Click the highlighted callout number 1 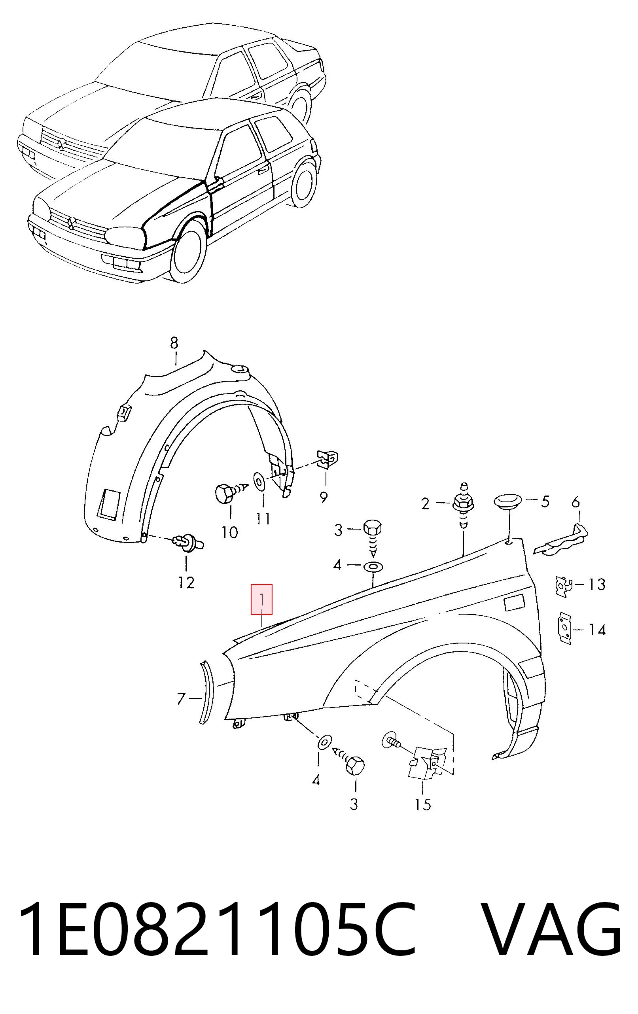point(261,599)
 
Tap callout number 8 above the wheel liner point(174,343)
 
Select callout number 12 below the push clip point(186,583)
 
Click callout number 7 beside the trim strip point(181,698)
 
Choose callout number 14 point(597,630)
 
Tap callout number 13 point(597,584)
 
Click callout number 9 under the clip point(324,498)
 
